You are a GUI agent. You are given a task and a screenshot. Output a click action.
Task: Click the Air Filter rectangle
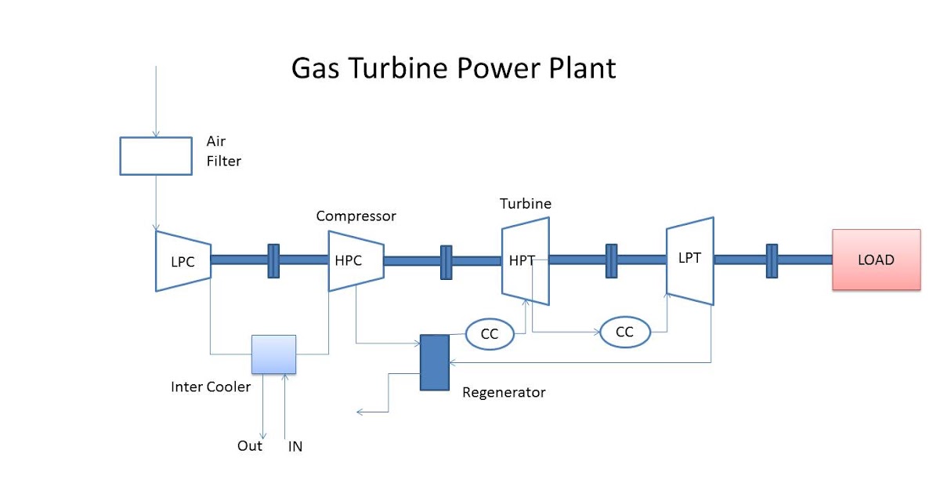point(155,155)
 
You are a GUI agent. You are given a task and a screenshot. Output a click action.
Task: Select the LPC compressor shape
point(183,261)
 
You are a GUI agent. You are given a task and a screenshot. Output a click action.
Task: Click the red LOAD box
point(876,260)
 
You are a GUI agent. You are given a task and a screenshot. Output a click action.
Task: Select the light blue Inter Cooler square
point(273,354)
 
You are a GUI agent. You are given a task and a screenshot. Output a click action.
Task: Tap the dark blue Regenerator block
point(435,362)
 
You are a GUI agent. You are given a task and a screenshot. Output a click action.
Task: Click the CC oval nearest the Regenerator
point(490,334)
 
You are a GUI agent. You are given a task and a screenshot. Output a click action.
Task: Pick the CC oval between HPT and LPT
point(624,332)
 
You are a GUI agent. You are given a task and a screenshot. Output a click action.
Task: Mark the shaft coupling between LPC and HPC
point(273,260)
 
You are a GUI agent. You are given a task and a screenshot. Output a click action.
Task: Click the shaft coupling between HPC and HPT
point(446,261)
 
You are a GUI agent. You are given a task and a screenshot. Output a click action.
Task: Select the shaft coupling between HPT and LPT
point(612,260)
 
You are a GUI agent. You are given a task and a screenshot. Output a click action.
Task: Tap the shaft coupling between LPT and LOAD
point(772,260)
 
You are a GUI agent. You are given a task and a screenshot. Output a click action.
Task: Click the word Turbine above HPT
point(526,204)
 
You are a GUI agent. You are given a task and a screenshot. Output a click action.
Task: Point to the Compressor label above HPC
point(356,216)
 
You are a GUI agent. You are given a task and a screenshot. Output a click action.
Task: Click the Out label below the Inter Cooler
point(250,446)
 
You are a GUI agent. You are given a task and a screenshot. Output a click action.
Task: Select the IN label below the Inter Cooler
point(295,447)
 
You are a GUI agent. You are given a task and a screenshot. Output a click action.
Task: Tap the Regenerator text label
point(504,392)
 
